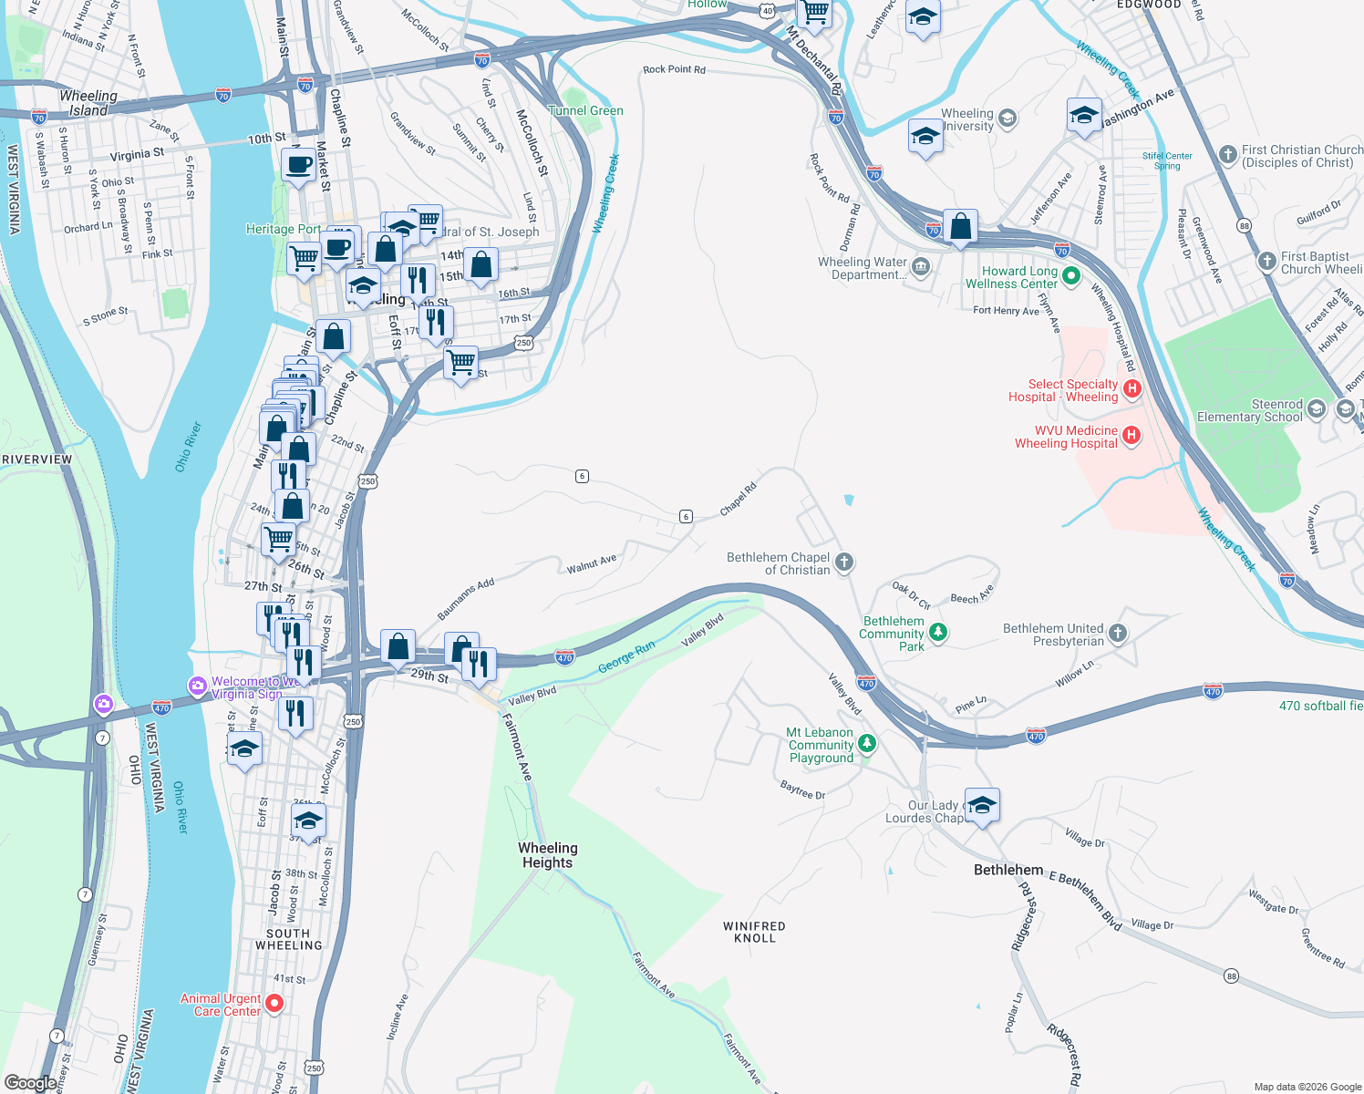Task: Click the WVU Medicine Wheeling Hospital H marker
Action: tap(1131, 435)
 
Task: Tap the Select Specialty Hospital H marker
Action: tap(1132, 389)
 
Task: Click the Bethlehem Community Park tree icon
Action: tap(937, 631)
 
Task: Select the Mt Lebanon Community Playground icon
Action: tap(867, 744)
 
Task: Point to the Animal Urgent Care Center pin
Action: tap(274, 1004)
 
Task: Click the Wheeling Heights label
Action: tap(547, 855)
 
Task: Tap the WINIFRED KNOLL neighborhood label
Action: tap(754, 932)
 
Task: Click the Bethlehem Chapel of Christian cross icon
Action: tap(844, 562)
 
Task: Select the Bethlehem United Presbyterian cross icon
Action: tap(1118, 633)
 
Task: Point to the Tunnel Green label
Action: tap(586, 110)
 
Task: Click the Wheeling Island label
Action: tap(88, 103)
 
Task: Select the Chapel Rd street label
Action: tap(739, 500)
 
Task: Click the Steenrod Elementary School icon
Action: tap(1316, 408)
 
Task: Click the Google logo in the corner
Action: tap(30, 1083)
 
